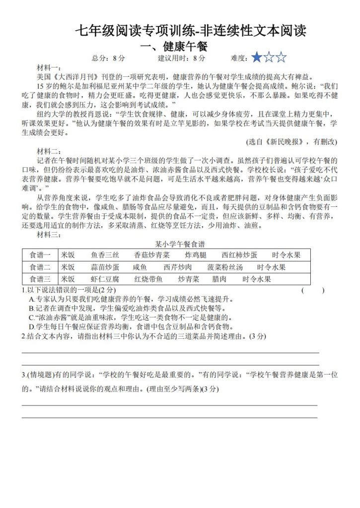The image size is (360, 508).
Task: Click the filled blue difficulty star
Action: (x=257, y=58)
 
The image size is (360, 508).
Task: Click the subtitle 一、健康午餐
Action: (x=173, y=47)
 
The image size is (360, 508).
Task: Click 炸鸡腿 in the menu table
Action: (x=195, y=255)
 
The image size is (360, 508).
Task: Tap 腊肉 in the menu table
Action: (x=219, y=279)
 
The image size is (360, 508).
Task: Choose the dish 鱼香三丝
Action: (x=105, y=255)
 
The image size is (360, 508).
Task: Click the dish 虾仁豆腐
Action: (x=105, y=279)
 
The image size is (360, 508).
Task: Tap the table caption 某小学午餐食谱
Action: (x=180, y=244)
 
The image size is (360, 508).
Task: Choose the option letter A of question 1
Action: (x=31, y=299)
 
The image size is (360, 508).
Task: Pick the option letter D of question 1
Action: (x=31, y=326)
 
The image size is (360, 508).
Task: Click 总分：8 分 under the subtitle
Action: (x=109, y=59)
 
